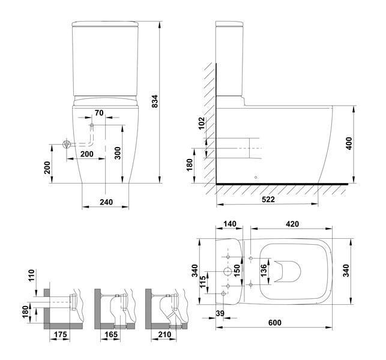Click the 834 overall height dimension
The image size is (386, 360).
pos(155,103)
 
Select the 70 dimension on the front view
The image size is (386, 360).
pos(99,113)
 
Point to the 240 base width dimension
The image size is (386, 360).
pos(106,202)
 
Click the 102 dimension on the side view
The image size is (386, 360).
pos(202,124)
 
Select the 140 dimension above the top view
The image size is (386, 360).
pos(229,224)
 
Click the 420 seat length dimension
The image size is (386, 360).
pos(292,224)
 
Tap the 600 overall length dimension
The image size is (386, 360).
pos(275,323)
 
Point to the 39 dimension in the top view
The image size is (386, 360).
pos(220,314)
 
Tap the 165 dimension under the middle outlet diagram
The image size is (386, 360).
pos(112,334)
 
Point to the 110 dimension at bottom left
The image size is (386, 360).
pos(31,277)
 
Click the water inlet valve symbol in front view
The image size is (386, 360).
pos(68,144)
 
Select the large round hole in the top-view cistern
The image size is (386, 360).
pos(227,272)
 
